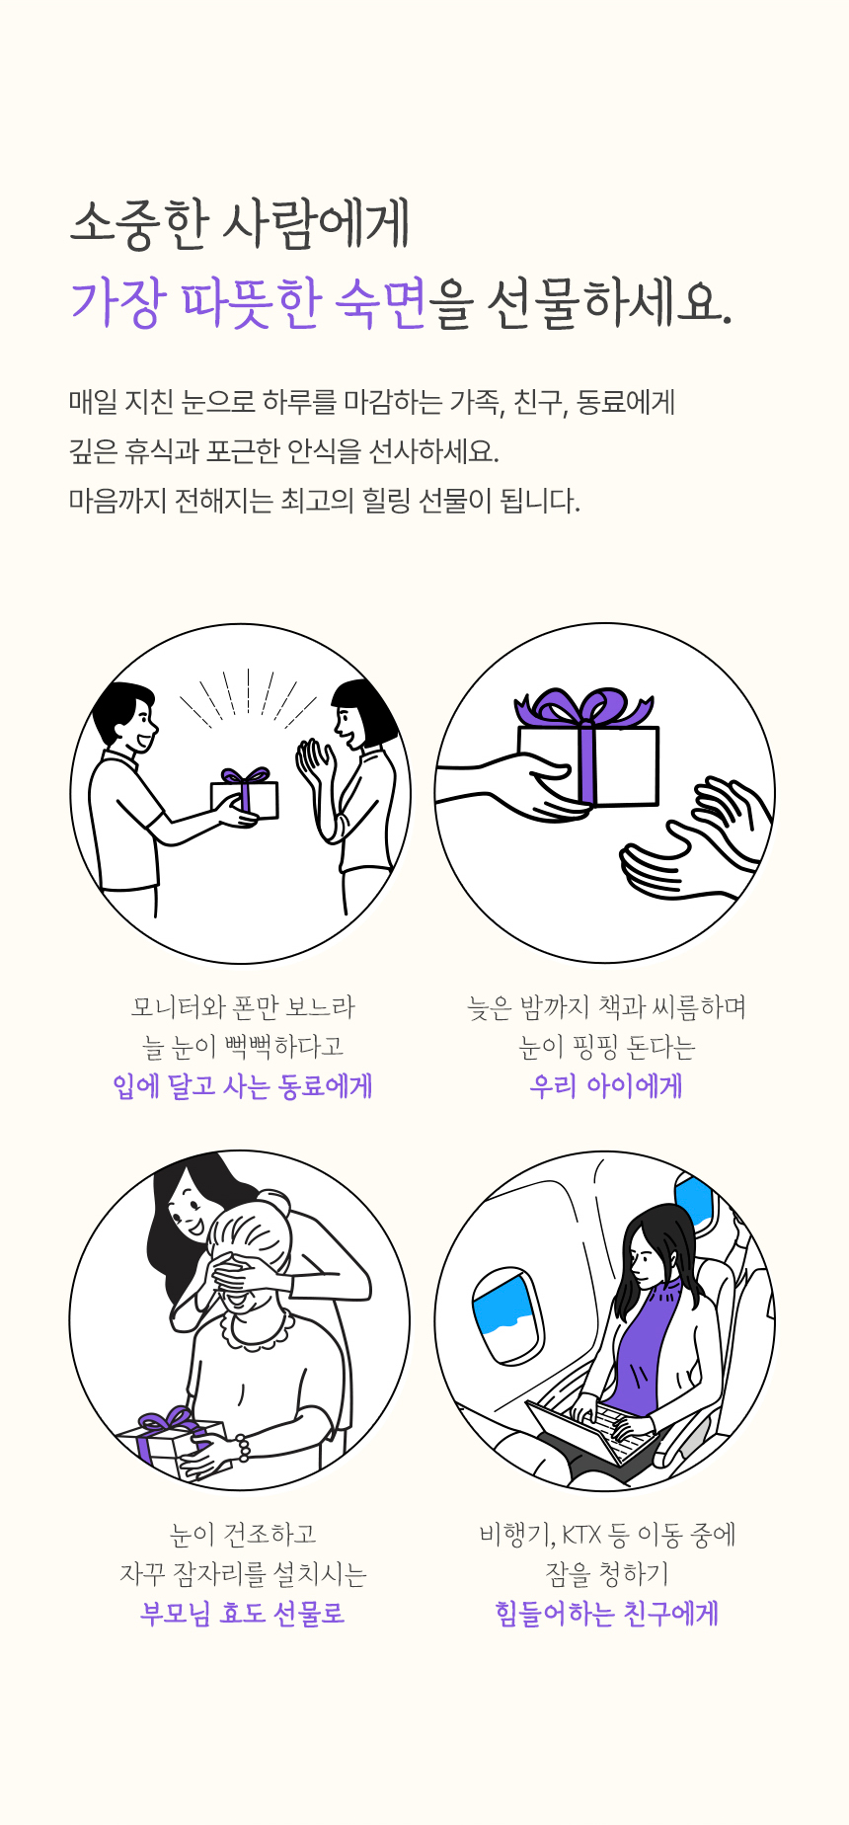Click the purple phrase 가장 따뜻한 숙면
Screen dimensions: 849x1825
(x=248, y=301)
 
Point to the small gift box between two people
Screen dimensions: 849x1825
(x=245, y=794)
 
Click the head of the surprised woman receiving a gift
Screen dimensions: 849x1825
(x=361, y=713)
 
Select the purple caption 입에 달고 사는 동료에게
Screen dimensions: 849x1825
(x=243, y=1086)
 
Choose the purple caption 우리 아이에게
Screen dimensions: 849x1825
(x=606, y=1086)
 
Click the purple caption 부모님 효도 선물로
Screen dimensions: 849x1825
(x=243, y=1614)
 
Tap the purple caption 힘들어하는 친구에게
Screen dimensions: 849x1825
(x=607, y=1614)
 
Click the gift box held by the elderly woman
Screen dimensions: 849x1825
(x=170, y=1442)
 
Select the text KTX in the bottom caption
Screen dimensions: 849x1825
(x=581, y=1535)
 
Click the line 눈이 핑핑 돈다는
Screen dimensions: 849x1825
(x=607, y=1047)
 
